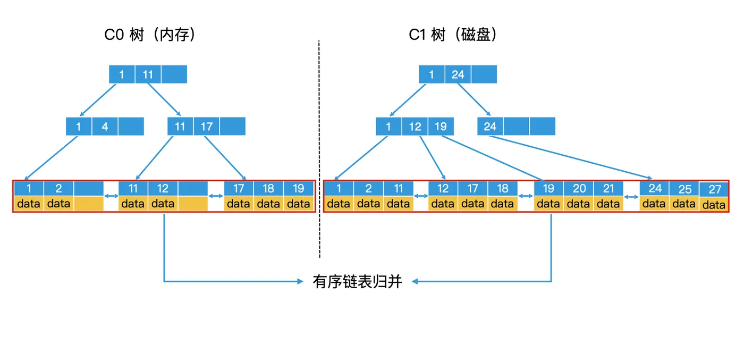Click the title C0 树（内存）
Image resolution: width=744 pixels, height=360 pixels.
click(150, 35)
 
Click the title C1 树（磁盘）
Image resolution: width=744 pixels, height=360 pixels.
click(453, 35)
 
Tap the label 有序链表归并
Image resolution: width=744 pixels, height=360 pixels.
click(357, 281)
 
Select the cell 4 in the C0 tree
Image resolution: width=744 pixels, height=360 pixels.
click(105, 127)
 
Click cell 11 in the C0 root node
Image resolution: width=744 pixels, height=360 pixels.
click(148, 74)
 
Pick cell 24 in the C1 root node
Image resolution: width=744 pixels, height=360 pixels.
click(458, 74)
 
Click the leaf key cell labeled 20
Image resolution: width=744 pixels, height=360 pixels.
click(579, 188)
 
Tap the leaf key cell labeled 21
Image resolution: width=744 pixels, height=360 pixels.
click(608, 188)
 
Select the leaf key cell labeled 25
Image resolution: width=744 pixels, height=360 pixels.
click(684, 189)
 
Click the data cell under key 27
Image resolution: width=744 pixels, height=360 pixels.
click(714, 205)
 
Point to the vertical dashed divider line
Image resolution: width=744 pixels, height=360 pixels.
click(319, 149)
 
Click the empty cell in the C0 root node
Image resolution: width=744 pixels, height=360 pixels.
click(174, 74)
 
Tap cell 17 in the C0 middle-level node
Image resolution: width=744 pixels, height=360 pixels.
click(206, 127)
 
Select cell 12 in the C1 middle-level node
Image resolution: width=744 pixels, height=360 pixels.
click(415, 127)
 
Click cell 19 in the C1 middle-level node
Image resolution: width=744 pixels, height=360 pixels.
click(441, 127)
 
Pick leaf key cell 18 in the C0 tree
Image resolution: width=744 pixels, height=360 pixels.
click(268, 188)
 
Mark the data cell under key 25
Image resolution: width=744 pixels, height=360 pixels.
click(684, 203)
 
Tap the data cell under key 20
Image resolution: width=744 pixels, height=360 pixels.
click(579, 203)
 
